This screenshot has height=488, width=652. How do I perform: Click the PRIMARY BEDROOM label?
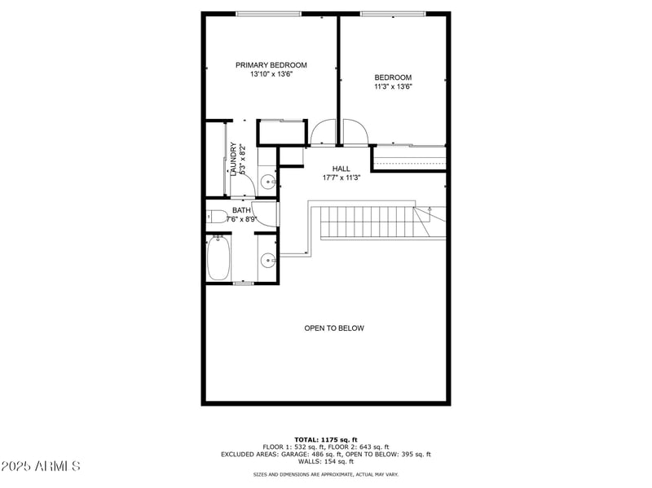point(271,65)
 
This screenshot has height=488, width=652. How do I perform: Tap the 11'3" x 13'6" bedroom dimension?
point(393,86)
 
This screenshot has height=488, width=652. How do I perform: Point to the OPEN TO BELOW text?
point(334,328)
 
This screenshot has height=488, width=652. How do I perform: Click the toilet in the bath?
point(215,217)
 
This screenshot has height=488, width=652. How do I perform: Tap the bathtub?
point(218,257)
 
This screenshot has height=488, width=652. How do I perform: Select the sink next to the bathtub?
point(267,261)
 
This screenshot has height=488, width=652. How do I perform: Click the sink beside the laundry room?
point(267,181)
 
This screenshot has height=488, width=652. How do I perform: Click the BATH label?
point(242,210)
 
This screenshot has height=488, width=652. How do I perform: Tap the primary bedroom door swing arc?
point(322,130)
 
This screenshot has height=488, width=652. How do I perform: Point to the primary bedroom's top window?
point(268,14)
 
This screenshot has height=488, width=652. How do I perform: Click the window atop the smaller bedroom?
point(393,14)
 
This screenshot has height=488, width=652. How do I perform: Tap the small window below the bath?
point(244,283)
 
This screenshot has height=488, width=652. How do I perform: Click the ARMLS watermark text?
point(41,467)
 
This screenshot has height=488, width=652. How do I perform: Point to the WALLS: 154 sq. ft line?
point(326,461)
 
